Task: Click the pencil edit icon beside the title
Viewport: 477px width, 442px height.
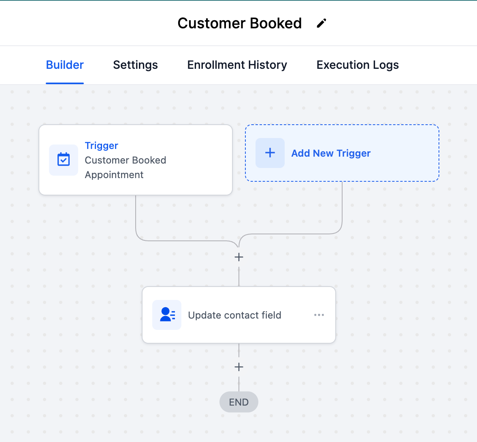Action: point(322,23)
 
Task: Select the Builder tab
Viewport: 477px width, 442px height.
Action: point(65,65)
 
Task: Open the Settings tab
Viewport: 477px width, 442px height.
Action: point(135,65)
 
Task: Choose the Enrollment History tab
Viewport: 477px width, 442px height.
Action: point(237,65)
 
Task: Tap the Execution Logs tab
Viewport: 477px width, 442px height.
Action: point(358,65)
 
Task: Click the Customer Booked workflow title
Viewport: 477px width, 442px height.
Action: point(239,23)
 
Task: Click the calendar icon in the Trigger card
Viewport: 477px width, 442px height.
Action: point(64,160)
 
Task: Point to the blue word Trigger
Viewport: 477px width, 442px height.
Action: point(101,146)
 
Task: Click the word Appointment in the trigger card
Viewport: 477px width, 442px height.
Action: point(114,175)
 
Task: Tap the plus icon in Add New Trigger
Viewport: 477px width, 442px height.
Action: point(270,153)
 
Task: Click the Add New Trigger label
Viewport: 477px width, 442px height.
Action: point(331,153)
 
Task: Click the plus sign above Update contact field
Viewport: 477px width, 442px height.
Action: point(239,257)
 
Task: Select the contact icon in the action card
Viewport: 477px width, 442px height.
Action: point(167,315)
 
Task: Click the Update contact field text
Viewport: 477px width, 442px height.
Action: point(234,315)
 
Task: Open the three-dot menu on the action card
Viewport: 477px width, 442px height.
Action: point(319,315)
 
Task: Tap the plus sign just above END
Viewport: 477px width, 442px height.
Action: point(239,367)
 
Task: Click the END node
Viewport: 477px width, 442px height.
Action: point(239,402)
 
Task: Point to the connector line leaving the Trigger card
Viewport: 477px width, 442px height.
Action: point(136,215)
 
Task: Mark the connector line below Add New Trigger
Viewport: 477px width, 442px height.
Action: point(342,206)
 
